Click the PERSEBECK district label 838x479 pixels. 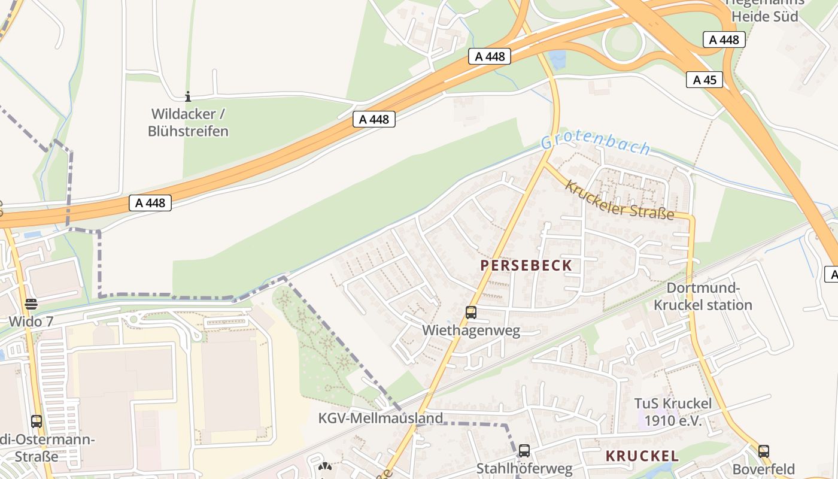(x=526, y=265)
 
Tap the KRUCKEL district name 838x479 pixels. (x=642, y=456)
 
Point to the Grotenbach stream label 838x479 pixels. (x=596, y=144)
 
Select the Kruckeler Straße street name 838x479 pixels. (x=620, y=200)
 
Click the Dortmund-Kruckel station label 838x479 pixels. (x=703, y=296)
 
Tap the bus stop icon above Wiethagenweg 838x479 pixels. (x=471, y=312)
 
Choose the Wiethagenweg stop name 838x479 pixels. (x=471, y=331)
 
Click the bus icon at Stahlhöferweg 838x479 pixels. (x=524, y=451)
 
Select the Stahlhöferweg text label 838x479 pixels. (x=524, y=468)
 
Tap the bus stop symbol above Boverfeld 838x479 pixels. (x=764, y=451)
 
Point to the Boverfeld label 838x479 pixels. (x=764, y=469)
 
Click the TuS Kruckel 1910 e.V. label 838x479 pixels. (x=673, y=412)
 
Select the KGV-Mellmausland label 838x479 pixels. (x=381, y=418)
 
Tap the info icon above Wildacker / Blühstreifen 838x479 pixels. (x=188, y=96)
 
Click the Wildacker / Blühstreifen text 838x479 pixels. (x=188, y=122)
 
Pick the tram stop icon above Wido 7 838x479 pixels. (x=31, y=304)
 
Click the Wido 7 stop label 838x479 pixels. (x=31, y=322)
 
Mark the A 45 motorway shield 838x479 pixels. (x=705, y=80)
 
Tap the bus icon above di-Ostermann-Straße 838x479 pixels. (x=37, y=421)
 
